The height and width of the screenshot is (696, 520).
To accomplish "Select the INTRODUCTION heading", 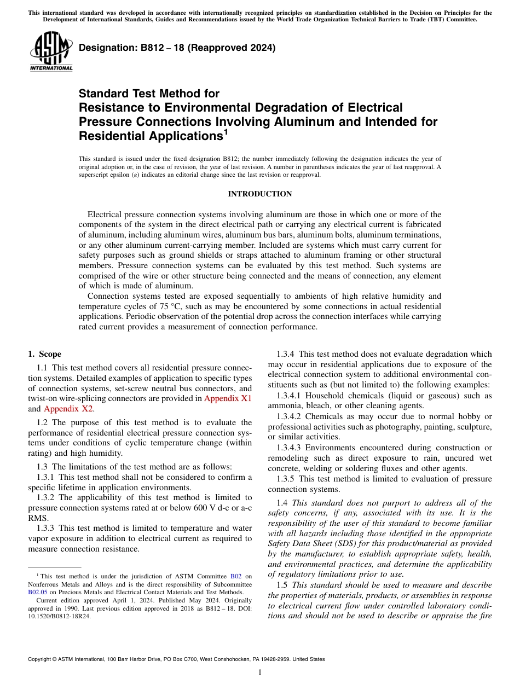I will point(259,194).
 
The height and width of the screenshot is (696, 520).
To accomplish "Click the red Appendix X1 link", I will point(228,398).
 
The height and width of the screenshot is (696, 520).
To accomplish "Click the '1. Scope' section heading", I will point(44,354).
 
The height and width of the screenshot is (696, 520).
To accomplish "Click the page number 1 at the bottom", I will point(260,672).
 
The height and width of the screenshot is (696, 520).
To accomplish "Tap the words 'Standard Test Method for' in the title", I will point(149,94).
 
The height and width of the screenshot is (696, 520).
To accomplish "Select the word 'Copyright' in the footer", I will point(41,659).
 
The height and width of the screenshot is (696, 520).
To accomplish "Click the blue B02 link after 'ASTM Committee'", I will point(236,576).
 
